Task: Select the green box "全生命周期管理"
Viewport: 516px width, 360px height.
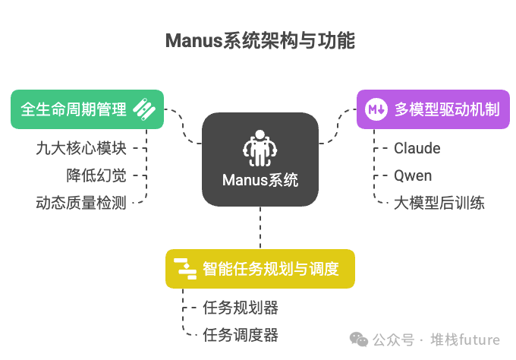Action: coord(87,109)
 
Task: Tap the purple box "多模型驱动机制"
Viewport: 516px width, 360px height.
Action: coord(433,109)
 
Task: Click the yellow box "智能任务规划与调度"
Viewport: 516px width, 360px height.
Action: coord(260,268)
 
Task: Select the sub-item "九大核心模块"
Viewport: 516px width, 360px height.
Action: coord(81,148)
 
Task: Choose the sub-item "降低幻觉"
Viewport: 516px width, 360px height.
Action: coord(96,175)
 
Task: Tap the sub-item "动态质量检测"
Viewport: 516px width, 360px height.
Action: coord(81,203)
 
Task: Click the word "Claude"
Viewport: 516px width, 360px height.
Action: coord(417,148)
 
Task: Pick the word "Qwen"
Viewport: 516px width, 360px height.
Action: coord(413,175)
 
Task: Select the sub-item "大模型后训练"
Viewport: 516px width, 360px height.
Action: coord(439,203)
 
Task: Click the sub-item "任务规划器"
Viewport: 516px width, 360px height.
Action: coord(241,308)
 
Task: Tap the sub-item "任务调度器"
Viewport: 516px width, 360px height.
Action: coord(241,334)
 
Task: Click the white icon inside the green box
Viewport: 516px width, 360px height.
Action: coord(144,109)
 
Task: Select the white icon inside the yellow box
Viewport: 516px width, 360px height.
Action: coord(185,268)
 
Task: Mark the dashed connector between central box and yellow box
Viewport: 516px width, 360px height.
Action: coord(260,227)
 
